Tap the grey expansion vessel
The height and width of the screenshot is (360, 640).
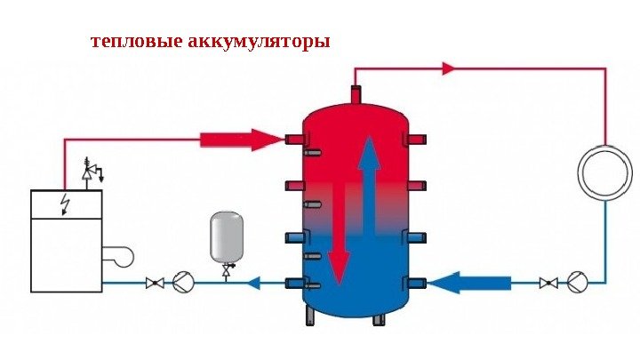tap(226, 236)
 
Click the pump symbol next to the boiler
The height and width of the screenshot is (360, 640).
tap(183, 283)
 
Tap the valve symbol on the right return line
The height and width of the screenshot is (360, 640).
tap(548, 283)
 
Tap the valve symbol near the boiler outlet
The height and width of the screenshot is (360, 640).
tap(155, 283)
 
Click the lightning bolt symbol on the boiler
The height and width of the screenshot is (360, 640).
tap(64, 204)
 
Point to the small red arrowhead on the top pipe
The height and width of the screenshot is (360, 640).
tap(449, 68)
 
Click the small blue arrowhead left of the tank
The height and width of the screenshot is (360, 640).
tap(252, 283)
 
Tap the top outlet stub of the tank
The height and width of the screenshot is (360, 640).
tap(356, 94)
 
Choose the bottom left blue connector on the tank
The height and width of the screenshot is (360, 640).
tap(295, 283)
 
